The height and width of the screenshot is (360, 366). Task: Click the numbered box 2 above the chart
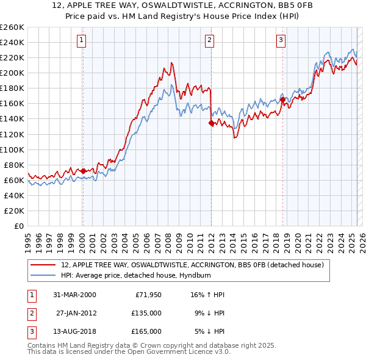pos(209,41)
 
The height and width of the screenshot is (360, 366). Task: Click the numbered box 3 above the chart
pos(281,41)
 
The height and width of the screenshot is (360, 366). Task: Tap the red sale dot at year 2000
pos(84,171)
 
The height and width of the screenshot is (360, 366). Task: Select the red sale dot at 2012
pos(211,123)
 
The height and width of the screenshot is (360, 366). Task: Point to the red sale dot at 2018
pos(282,100)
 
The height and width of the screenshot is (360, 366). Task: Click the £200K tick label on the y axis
pos(12,73)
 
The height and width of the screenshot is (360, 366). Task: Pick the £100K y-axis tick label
pos(12,149)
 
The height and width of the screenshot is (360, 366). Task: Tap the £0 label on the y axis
pos(18,226)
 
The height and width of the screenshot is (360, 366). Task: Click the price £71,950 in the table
pos(148,295)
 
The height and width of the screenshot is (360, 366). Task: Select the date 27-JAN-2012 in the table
pos(76,313)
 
